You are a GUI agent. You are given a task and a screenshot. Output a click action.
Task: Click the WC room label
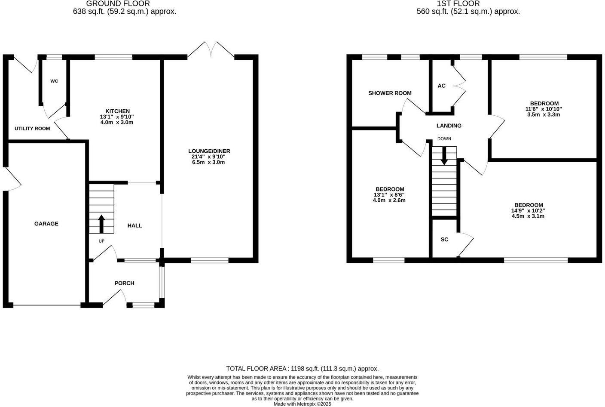[x=54, y=81]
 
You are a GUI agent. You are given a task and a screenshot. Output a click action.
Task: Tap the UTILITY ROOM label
[x=32, y=129]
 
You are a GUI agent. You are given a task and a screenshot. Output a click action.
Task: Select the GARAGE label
[x=46, y=224]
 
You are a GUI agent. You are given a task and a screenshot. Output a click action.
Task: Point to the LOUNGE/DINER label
[x=209, y=151]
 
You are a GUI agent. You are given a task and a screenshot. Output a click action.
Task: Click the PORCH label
[x=124, y=283]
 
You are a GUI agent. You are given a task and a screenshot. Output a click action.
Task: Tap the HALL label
[x=134, y=225]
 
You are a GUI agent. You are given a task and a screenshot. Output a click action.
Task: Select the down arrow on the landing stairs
[x=444, y=156]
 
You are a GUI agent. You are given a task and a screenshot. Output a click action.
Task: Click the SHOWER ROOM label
[x=390, y=93]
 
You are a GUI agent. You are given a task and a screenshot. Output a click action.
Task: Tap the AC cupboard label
[x=441, y=86]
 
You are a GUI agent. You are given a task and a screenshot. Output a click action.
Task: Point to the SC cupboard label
[x=444, y=239]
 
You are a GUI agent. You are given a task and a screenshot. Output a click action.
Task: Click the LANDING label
[x=449, y=126]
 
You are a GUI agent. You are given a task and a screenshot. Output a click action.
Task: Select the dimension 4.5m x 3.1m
[x=528, y=216]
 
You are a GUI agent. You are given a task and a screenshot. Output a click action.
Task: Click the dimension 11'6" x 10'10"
[x=544, y=109]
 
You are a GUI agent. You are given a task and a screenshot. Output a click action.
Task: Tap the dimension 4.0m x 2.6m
[x=390, y=200]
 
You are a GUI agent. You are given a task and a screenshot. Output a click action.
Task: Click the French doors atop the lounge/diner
[x=211, y=49]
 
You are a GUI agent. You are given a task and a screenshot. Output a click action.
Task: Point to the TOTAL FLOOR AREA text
[x=302, y=369]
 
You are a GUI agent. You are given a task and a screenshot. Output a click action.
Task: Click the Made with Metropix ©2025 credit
[x=302, y=404]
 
